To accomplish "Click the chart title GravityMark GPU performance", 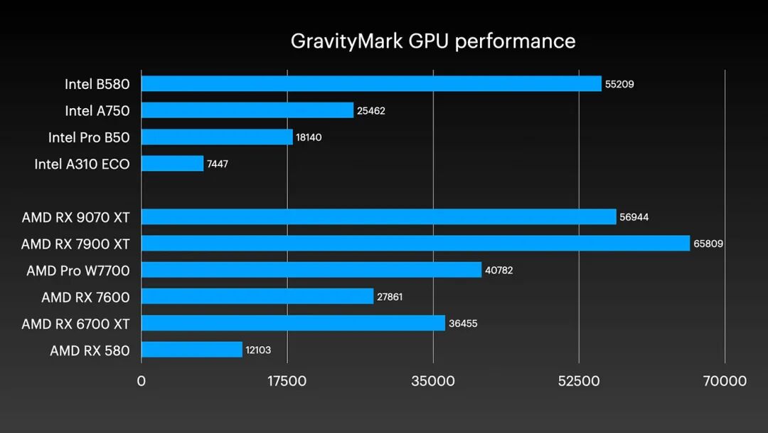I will (x=432, y=41).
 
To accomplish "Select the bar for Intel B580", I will (x=371, y=83).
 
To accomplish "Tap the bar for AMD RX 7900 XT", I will (x=415, y=244).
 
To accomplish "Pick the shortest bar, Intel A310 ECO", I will (x=172, y=164).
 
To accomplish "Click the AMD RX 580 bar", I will (x=192, y=350).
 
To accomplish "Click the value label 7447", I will (x=218, y=164).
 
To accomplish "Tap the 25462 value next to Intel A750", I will (x=371, y=110).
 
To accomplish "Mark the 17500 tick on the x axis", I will (x=287, y=381).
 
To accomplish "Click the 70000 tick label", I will (x=724, y=381).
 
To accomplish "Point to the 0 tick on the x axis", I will (x=141, y=381).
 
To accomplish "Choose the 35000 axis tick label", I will (x=432, y=381).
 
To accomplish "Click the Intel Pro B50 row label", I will (x=89, y=137).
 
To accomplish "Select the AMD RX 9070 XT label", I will (x=75, y=216).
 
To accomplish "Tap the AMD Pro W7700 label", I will (x=78, y=270).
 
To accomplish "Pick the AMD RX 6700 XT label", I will (x=75, y=323).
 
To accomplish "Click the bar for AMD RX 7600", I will (x=257, y=296).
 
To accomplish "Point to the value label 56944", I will (x=634, y=217).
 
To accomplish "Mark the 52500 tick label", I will (x=579, y=381).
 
